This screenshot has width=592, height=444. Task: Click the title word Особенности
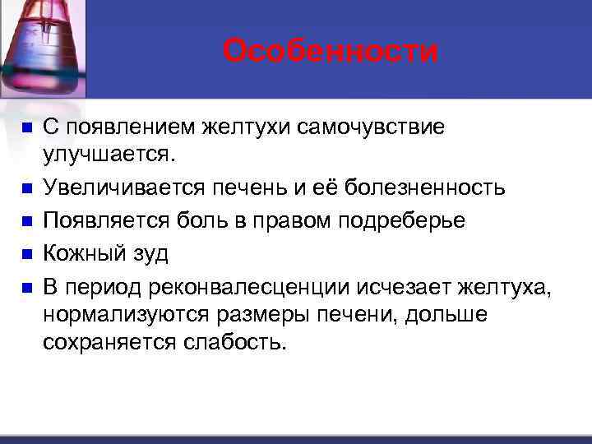click(x=331, y=51)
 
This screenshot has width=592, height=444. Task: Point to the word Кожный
click(x=82, y=253)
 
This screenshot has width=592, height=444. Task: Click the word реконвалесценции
click(x=241, y=287)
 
